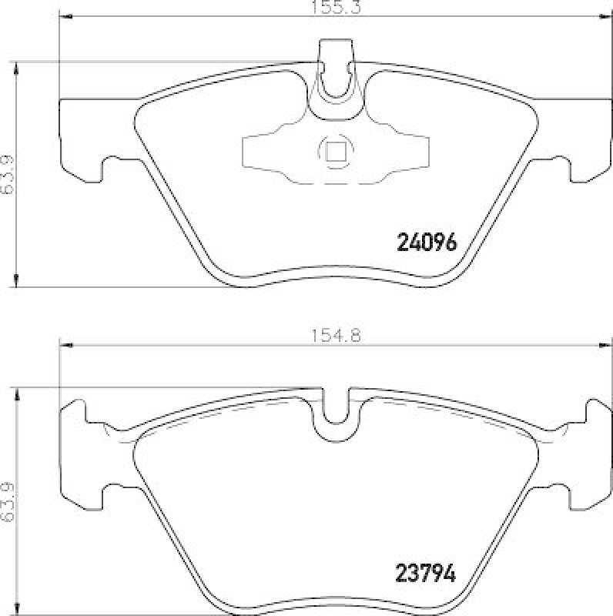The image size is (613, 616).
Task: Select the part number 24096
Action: click(x=427, y=243)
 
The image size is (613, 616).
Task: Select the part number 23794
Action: click(x=427, y=573)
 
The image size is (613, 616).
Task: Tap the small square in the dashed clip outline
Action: click(x=335, y=151)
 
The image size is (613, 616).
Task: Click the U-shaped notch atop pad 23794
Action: click(x=336, y=408)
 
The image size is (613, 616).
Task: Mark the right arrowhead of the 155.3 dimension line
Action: click(x=606, y=17)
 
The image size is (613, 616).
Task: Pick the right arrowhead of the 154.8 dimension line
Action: click(x=605, y=344)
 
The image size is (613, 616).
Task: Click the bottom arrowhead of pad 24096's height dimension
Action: click(x=17, y=280)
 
